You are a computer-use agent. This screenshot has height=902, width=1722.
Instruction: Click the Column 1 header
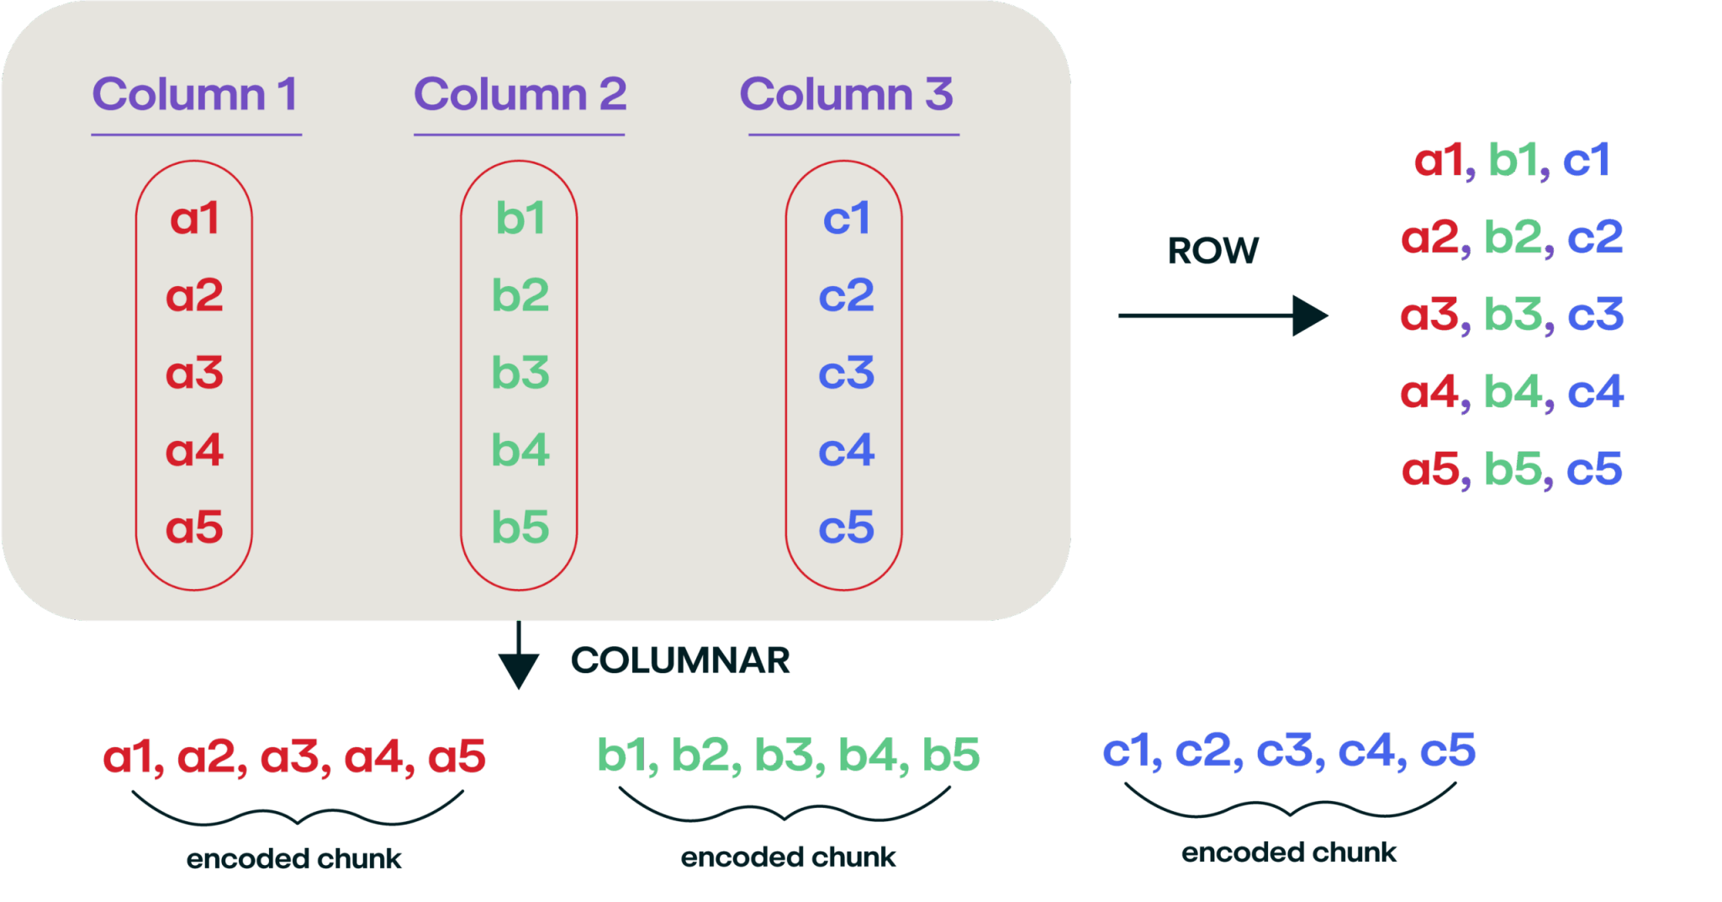tap(195, 94)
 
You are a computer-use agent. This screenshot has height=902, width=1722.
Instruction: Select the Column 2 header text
tap(520, 94)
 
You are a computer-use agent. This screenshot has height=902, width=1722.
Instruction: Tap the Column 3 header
tap(846, 94)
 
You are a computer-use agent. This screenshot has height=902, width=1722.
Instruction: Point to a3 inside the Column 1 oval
tap(194, 373)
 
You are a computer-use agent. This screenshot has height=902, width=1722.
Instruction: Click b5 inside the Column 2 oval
tap(520, 528)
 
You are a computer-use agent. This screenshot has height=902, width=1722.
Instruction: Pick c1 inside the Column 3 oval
tap(846, 219)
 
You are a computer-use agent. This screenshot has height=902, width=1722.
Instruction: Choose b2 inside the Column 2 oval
tap(520, 295)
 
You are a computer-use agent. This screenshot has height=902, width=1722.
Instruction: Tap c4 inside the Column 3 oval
tap(846, 450)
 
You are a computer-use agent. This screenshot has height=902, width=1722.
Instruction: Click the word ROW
tap(1212, 251)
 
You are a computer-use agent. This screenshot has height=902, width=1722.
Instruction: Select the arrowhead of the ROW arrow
tap(1308, 316)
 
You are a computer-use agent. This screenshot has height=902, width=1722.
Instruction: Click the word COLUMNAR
tap(680, 661)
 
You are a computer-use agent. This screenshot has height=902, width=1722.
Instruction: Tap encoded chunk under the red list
tap(294, 859)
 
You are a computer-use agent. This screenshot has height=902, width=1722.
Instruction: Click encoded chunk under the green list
tap(789, 857)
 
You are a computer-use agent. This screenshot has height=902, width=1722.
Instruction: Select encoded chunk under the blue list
tap(1289, 852)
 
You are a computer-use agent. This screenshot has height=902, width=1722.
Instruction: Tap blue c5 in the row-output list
tap(1594, 470)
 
